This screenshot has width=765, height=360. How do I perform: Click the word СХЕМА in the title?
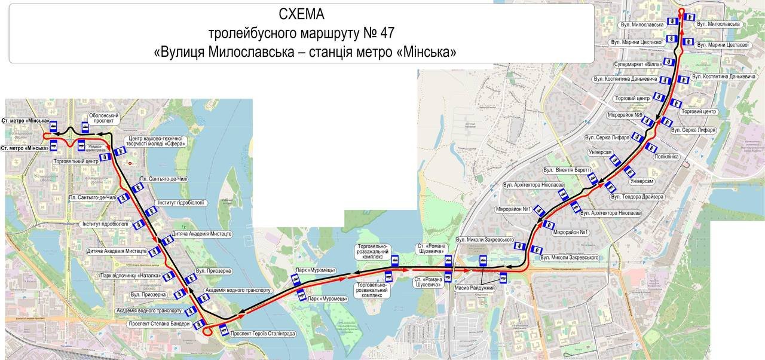click(x=301, y=14)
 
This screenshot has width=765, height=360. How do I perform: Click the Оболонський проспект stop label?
click(x=104, y=118)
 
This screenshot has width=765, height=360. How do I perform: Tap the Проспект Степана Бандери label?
click(x=159, y=324)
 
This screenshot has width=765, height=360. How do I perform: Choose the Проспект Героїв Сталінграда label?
click(x=263, y=334)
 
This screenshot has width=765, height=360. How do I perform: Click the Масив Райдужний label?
click(x=475, y=288)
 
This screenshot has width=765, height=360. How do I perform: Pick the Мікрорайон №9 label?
click(x=625, y=115)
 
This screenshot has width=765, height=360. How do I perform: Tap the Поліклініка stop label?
click(x=666, y=157)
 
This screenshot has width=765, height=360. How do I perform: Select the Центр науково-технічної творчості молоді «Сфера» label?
click(x=157, y=142)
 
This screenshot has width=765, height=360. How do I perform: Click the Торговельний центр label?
click(x=76, y=161)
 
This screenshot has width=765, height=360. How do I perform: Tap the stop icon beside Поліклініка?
click(x=651, y=148)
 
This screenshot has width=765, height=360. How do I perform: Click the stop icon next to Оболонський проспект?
click(x=85, y=127)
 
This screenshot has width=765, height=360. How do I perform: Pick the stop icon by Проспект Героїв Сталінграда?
click(x=224, y=331)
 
